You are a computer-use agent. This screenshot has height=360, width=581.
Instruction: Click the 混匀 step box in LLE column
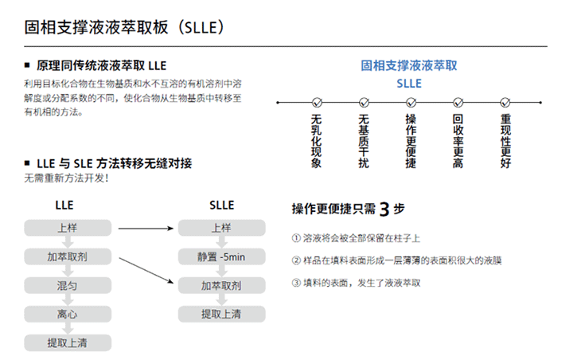(x=68, y=285)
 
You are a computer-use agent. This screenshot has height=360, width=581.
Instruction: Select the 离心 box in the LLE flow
(x=68, y=314)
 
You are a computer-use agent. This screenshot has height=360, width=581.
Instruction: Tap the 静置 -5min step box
(x=221, y=256)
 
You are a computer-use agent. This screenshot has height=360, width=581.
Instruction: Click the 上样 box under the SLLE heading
(x=221, y=228)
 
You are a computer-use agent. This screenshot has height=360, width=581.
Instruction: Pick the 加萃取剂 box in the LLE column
(x=68, y=256)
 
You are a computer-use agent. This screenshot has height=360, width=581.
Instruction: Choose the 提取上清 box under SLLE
(x=221, y=314)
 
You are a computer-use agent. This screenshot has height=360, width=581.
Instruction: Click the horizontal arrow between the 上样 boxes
(x=146, y=229)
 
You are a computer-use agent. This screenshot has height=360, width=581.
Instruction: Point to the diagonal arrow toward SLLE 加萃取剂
(x=146, y=270)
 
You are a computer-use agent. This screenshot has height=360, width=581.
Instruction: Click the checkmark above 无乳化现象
(x=317, y=102)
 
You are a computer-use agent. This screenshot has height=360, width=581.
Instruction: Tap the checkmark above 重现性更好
(x=505, y=102)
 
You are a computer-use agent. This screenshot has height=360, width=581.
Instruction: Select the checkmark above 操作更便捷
(x=411, y=102)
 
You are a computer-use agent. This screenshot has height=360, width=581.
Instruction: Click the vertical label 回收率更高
(x=458, y=141)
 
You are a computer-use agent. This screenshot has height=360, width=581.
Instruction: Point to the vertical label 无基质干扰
(x=364, y=141)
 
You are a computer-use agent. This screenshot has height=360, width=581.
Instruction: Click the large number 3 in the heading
(x=384, y=209)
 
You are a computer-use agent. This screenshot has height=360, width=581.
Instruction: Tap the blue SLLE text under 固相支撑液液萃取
(x=409, y=84)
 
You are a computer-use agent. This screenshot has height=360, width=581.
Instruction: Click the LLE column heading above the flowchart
(x=64, y=205)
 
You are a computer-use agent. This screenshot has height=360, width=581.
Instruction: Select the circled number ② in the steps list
(x=296, y=260)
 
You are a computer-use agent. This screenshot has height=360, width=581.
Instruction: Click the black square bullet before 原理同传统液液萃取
(x=27, y=65)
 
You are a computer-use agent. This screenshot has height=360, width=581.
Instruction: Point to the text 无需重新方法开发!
(x=66, y=178)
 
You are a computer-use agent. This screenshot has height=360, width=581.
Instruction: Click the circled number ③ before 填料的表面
(x=296, y=283)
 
